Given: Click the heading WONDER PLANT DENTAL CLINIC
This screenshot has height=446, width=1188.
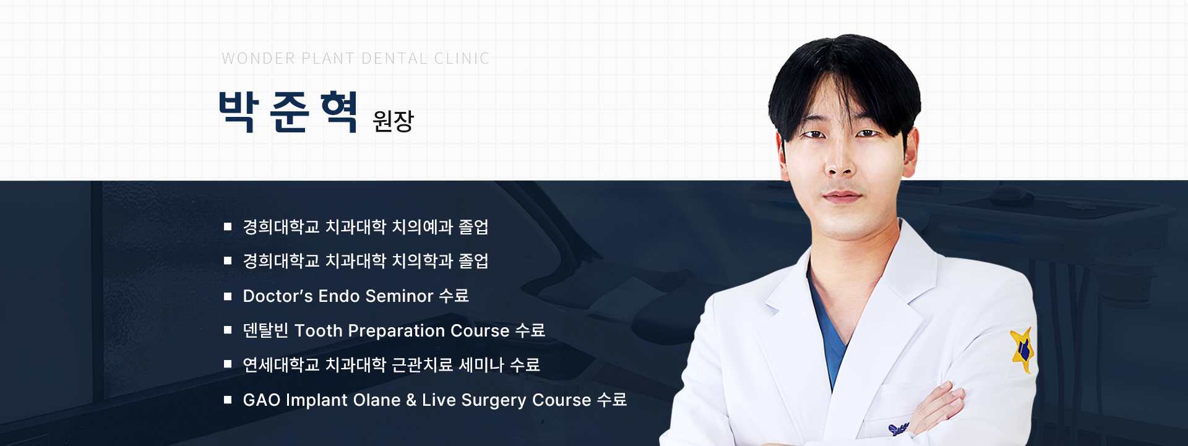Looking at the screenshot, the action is (356, 58).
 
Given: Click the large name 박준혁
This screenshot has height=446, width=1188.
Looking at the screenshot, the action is (288, 111).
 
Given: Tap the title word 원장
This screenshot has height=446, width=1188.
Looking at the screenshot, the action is (393, 121).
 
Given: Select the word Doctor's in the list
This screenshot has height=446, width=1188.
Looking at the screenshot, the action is (278, 296).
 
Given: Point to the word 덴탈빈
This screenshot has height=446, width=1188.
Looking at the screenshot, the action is (265, 330).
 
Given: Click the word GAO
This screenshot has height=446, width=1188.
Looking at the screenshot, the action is (262, 400).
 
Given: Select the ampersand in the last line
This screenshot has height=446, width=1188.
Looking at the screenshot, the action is (411, 400).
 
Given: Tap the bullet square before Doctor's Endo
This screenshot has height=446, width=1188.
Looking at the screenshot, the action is (228, 296).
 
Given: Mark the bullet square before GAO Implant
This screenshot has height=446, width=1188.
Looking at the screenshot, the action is (228, 400).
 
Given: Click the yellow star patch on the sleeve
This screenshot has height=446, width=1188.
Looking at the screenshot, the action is (1023, 350).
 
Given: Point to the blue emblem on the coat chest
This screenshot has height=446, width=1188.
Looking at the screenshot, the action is (898, 429).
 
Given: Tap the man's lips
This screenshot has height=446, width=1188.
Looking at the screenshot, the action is (841, 197).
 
